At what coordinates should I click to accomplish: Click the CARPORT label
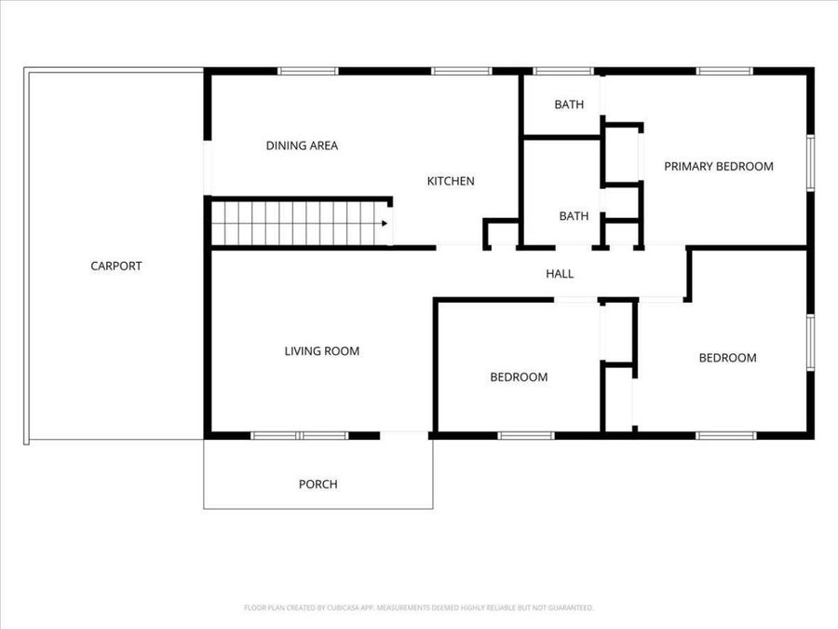click(116, 266)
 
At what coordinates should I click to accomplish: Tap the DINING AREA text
click(302, 145)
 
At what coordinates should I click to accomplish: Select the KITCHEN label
click(451, 181)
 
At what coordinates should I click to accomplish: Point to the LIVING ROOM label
click(321, 351)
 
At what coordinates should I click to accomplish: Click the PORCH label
click(318, 485)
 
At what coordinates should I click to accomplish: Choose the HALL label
click(560, 274)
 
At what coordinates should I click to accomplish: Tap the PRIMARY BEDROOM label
click(718, 167)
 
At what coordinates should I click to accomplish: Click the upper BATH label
click(569, 104)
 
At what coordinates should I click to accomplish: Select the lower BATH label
click(574, 216)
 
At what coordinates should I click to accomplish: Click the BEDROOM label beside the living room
click(519, 377)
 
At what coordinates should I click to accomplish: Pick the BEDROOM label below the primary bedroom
click(727, 358)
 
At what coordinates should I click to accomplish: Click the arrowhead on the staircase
click(384, 224)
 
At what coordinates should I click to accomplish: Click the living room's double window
click(300, 435)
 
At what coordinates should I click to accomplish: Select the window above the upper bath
click(563, 70)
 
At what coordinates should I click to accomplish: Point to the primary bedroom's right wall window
click(810, 163)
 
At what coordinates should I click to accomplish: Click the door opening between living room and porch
click(404, 434)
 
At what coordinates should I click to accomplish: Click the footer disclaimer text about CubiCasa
click(418, 608)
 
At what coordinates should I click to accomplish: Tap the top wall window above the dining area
click(308, 70)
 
